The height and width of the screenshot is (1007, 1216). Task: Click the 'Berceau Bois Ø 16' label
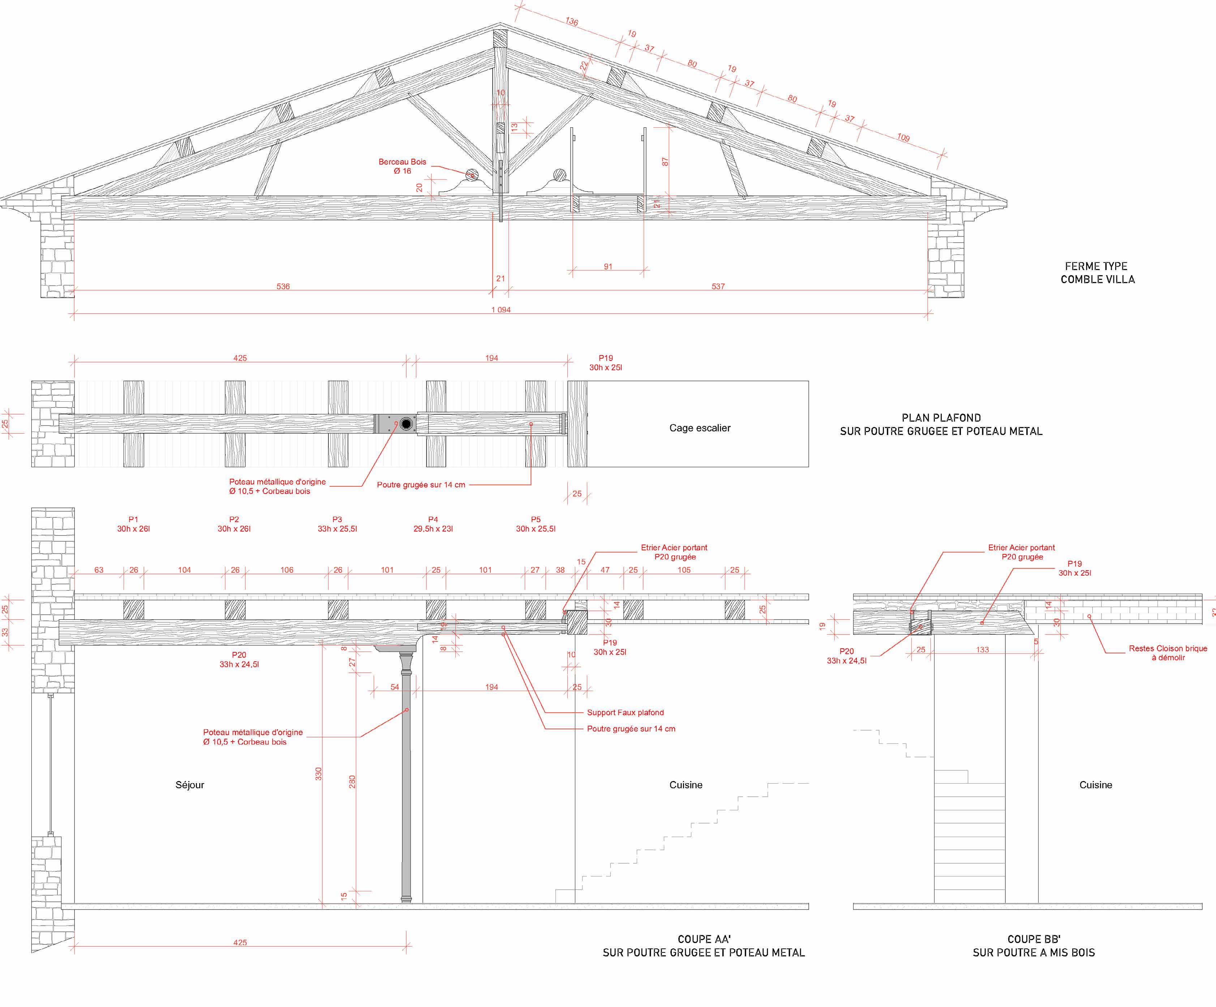[x=403, y=166]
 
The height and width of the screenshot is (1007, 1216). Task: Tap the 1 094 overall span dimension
[x=501, y=310]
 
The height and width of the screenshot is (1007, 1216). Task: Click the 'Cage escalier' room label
[x=700, y=428]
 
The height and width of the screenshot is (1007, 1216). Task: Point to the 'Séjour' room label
[x=190, y=785]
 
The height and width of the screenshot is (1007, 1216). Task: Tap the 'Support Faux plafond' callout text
[x=626, y=713]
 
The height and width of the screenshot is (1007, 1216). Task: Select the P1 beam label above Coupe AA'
[x=133, y=524]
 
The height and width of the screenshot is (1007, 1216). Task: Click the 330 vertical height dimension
[x=318, y=773]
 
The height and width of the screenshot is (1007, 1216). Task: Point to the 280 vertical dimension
[x=352, y=782]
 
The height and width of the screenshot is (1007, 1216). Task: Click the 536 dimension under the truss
[x=283, y=286]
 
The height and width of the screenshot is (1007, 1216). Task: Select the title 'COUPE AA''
[x=704, y=939]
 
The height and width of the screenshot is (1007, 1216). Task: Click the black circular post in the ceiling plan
[x=407, y=424]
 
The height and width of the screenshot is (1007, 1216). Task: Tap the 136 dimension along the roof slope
[x=572, y=21]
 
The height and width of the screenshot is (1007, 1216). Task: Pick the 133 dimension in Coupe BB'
[x=983, y=649]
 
